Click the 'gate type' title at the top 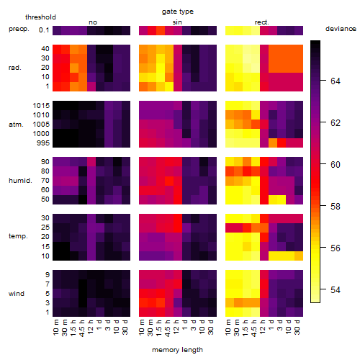[x=178, y=12]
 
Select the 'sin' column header [x=177, y=22]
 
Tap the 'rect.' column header [x=262, y=22]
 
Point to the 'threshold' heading [x=40, y=17]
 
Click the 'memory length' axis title [x=177, y=350]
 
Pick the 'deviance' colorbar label [x=341, y=29]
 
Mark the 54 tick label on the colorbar [x=336, y=290]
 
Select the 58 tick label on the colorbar [x=336, y=207]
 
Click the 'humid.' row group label [x=20, y=181]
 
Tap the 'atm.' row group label [x=16, y=125]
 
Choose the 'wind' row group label [x=17, y=294]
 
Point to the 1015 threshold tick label [x=41, y=106]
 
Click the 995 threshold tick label [x=43, y=143]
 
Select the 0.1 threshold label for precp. [x=44, y=30]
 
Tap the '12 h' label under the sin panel [x=176, y=327]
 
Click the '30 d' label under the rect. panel [x=297, y=327]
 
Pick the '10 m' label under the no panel [x=55, y=328]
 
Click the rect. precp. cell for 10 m [x=230, y=30]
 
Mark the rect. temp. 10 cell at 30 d [x=299, y=256]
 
